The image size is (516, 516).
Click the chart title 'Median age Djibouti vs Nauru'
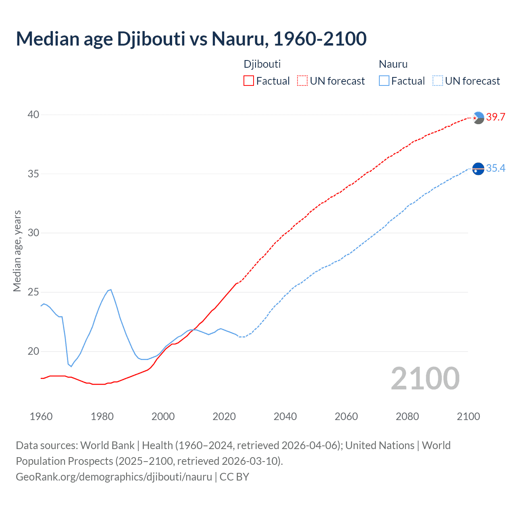[x=191, y=39]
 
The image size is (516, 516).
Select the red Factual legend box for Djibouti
[x=249, y=81]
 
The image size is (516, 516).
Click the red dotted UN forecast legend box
[x=302, y=81]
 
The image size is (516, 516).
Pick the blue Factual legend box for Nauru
[x=384, y=81]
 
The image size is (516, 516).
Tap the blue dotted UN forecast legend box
[x=438, y=81]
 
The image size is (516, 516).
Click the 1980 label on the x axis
[x=102, y=416]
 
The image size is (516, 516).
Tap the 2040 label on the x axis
[x=285, y=416]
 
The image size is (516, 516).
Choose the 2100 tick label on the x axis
[x=468, y=416]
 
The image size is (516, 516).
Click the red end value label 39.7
[x=495, y=117]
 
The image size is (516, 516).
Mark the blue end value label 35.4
[x=495, y=169]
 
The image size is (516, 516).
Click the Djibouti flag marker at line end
[x=478, y=118]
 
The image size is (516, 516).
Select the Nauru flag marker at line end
[x=478, y=169]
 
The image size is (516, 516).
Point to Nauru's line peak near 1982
[x=110, y=289]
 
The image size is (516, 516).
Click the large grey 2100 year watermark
[x=425, y=379]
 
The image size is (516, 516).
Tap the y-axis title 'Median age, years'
[x=17, y=251]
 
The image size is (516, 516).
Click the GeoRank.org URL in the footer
[x=114, y=477]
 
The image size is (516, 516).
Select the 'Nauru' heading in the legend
[x=393, y=64]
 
